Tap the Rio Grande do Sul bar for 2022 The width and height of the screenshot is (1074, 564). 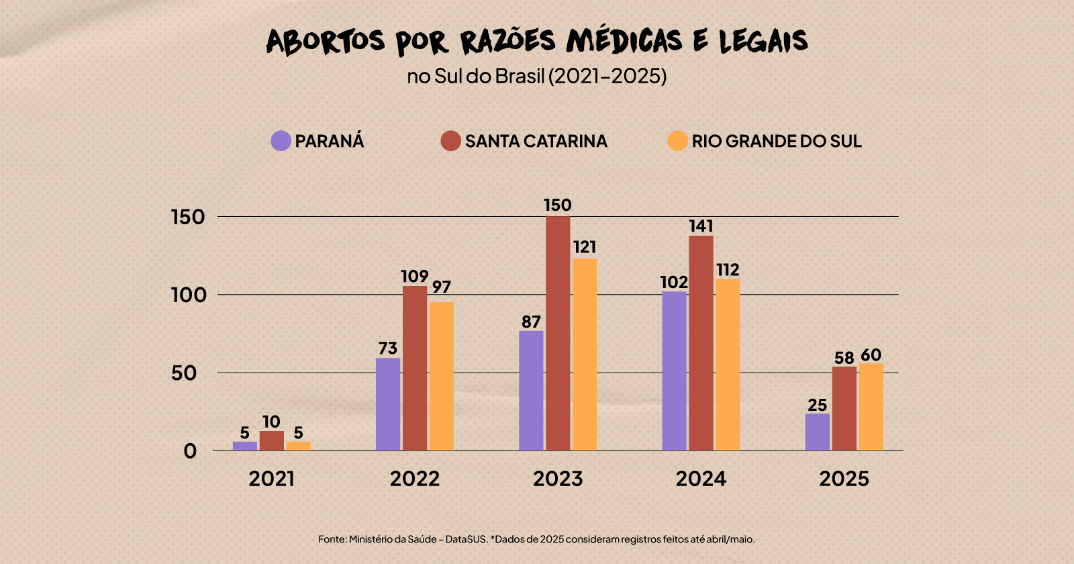[441, 376]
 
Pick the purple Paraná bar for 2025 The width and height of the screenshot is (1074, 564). [817, 432]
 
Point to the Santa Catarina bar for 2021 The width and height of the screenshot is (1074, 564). [271, 440]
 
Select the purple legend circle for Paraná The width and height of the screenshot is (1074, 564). [281, 141]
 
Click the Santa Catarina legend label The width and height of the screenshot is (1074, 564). [536, 141]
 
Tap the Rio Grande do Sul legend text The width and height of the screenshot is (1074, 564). [777, 141]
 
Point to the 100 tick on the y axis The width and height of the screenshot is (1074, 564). [188, 295]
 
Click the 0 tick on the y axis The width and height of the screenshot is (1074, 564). [190, 451]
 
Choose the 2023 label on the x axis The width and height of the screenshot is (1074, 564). [558, 479]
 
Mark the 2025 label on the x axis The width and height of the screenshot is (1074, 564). [844, 479]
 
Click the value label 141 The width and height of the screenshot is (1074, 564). [701, 226]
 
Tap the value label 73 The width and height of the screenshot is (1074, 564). [387, 348]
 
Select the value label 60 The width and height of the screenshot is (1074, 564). [871, 355]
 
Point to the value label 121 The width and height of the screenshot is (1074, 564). [585, 247]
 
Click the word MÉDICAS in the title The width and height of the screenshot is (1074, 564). [624, 42]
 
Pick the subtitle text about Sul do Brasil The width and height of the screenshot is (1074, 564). [537, 76]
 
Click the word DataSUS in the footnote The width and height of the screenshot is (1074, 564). [467, 539]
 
